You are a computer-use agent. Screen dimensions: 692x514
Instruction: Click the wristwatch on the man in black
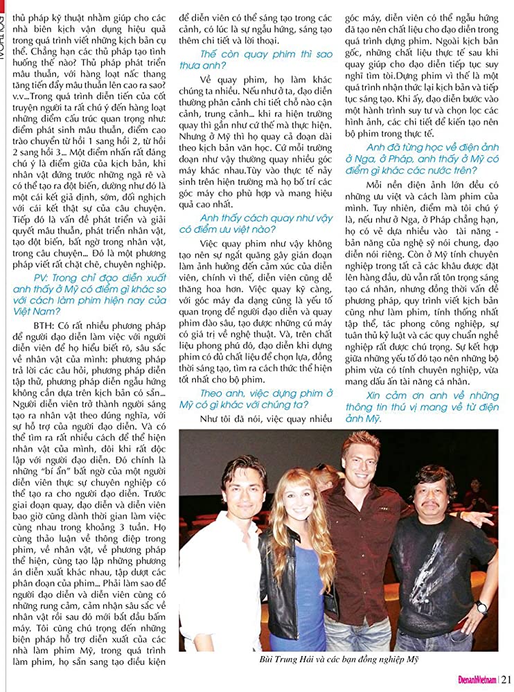click(x=481, y=607)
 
